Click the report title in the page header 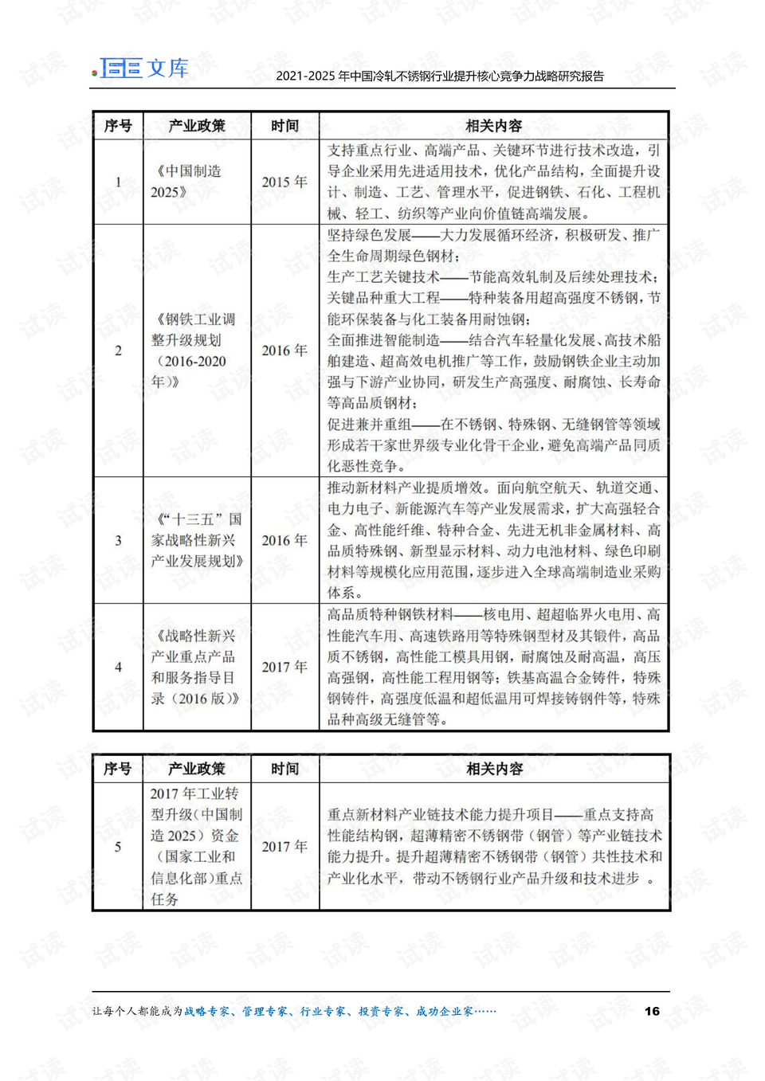point(440,76)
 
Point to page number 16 point(652,1011)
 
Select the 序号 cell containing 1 point(118,182)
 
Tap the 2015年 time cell point(284,182)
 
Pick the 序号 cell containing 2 point(118,351)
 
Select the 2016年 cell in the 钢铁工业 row point(284,351)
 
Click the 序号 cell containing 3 point(118,540)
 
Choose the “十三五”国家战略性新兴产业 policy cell point(197,540)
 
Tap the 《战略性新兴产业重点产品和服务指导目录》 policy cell point(196,668)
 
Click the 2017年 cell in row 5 point(284,847)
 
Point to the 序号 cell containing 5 point(118,847)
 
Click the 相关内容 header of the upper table point(493,126)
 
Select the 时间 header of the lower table point(284,769)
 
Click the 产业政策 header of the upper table point(197,126)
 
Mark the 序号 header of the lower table point(118,769)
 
